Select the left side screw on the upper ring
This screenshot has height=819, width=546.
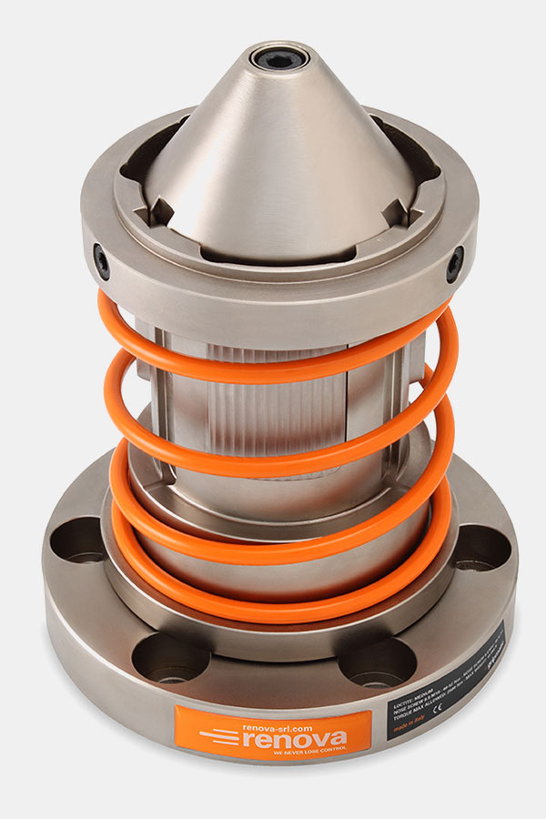pyautogui.click(x=102, y=262)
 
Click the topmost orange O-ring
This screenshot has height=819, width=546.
pyautogui.click(x=273, y=369)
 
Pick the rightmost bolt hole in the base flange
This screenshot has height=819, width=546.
pyautogui.click(x=480, y=550)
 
